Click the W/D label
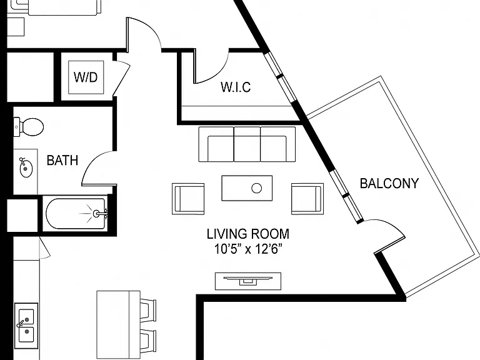[86, 77]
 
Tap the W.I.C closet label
[236, 87]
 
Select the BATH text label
[62, 161]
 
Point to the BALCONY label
[389, 183]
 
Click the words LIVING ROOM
[248, 234]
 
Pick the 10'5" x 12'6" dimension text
[248, 249]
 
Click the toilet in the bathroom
[29, 127]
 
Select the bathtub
[76, 214]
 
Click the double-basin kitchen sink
[26, 326]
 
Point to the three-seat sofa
[247, 144]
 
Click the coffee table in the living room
[247, 188]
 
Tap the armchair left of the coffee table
[188, 199]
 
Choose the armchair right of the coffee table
[307, 199]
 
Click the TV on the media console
[248, 279]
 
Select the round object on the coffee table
[256, 188]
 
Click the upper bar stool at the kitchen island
[148, 310]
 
